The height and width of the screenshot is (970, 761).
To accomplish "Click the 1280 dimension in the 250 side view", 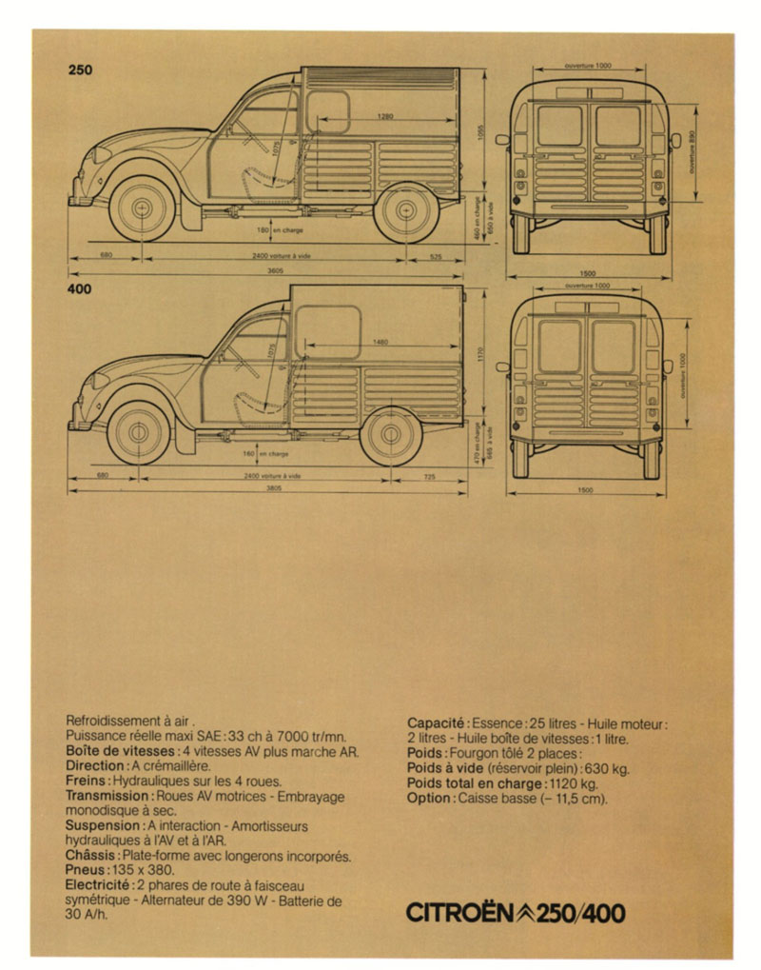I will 384,116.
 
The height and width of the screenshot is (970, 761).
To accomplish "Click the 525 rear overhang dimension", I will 436,255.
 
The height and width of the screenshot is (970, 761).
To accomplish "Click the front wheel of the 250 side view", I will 144,208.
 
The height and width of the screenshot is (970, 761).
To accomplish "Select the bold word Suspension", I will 105,825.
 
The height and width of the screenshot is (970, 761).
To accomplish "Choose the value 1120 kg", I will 573,782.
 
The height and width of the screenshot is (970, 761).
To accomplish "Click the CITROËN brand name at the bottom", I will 461,914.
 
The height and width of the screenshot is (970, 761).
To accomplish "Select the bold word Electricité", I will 100,885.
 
